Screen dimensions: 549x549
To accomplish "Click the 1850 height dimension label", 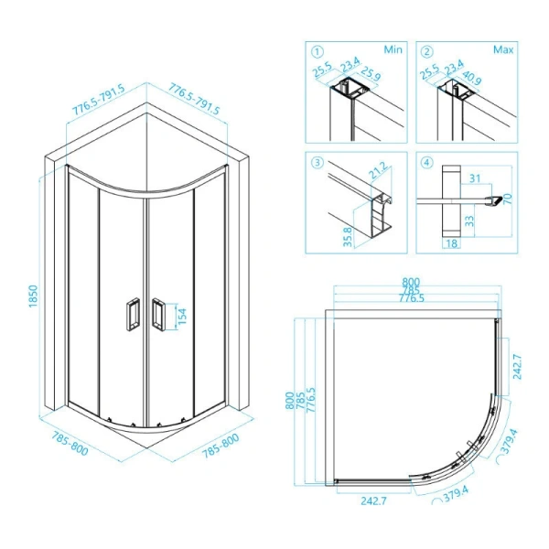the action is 33,296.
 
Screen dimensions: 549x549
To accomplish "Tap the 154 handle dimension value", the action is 182,317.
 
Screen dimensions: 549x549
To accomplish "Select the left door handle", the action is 133,314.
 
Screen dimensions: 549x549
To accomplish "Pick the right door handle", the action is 158,314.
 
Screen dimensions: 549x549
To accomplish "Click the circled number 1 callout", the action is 318,52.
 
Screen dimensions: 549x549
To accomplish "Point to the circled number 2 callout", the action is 426,52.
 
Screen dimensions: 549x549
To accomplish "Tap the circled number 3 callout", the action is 318,163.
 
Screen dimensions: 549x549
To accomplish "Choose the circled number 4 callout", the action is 426,163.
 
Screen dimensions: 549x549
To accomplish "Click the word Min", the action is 393,49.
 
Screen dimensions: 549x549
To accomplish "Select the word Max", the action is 503,49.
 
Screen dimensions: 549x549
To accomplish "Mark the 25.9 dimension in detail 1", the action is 371,73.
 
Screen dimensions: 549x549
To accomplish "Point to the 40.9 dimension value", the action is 472,78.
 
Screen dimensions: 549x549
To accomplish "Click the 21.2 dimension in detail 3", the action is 379,170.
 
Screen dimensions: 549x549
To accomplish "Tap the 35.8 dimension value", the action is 348,237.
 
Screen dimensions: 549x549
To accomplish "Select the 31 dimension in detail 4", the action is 475,178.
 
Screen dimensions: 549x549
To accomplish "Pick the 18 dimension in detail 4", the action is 452,243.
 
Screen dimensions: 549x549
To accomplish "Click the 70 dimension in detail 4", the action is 507,199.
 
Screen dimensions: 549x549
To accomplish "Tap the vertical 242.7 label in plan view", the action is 517,367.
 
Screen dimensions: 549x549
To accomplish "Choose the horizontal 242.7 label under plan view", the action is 374,501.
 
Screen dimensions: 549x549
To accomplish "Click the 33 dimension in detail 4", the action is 469,221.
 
